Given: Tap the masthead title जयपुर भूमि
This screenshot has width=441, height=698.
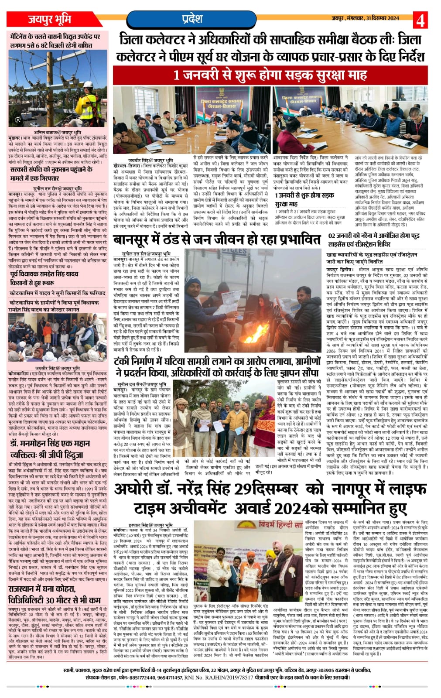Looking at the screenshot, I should click(x=50, y=19).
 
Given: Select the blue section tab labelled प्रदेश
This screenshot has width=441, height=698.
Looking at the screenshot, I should click(x=192, y=19).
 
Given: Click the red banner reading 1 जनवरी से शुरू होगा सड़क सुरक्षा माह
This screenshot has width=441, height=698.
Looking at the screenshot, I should click(x=270, y=75).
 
